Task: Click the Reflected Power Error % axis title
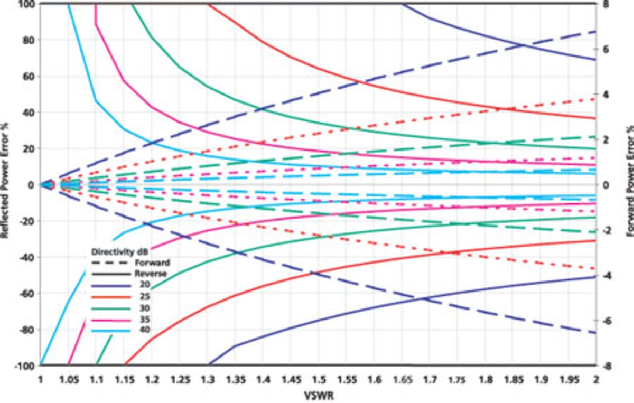click(x=5, y=185)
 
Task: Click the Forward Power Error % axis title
click(x=629, y=185)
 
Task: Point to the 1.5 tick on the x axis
click(x=318, y=379)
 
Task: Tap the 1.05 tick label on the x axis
click(x=69, y=379)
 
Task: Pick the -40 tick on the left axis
click(x=25, y=257)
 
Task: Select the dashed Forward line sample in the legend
click(x=110, y=263)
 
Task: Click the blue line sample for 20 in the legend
click(x=110, y=285)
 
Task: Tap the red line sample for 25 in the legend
click(x=110, y=296)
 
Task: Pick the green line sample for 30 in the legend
click(x=110, y=308)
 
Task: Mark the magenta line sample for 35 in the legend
click(x=110, y=320)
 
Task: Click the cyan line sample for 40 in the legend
click(x=110, y=331)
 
